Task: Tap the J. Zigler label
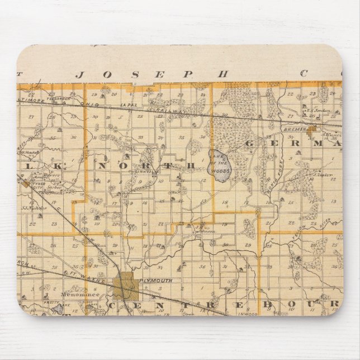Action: [x=322, y=174]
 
